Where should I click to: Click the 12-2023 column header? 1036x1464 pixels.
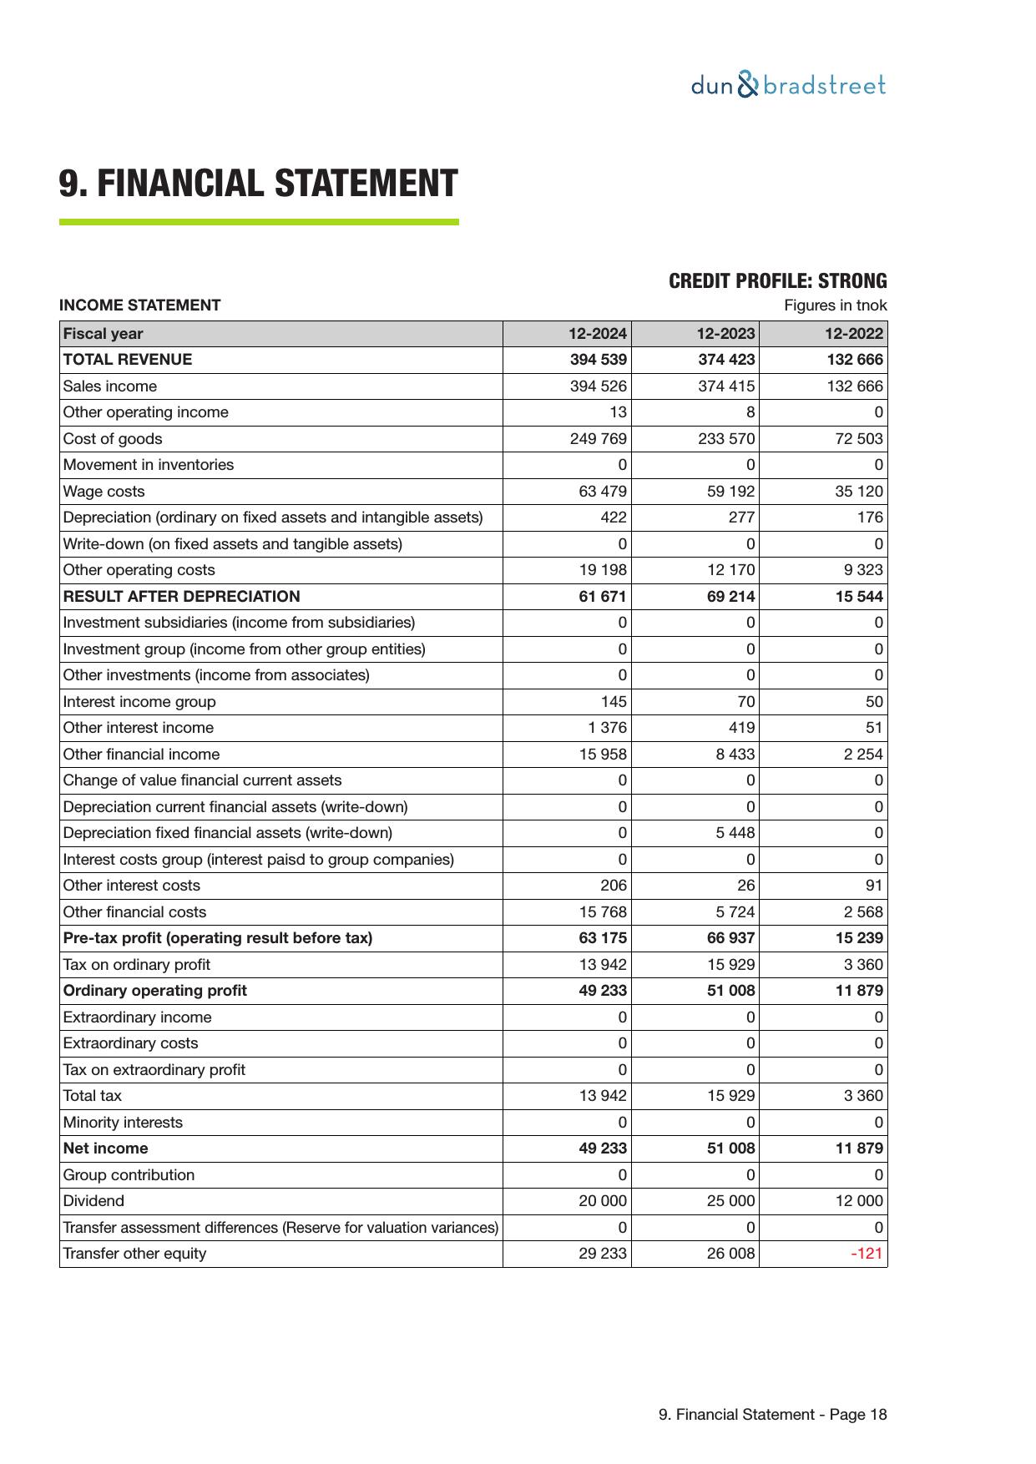pos(725,334)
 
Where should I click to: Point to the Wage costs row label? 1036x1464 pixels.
pos(104,492)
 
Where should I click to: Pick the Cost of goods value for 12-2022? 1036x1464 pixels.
pos(858,439)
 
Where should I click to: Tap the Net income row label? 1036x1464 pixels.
pos(105,1148)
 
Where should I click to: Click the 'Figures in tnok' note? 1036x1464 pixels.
pos(835,305)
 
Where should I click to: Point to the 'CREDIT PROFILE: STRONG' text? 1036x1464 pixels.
pos(777,281)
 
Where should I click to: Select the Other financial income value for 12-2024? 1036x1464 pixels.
pos(602,755)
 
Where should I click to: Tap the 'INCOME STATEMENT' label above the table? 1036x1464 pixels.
pos(139,305)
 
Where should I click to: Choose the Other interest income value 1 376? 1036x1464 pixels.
pos(607,728)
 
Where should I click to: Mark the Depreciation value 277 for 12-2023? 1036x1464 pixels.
pos(740,517)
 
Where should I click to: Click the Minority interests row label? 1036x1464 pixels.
pos(122,1123)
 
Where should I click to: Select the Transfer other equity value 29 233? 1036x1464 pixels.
pos(602,1254)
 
